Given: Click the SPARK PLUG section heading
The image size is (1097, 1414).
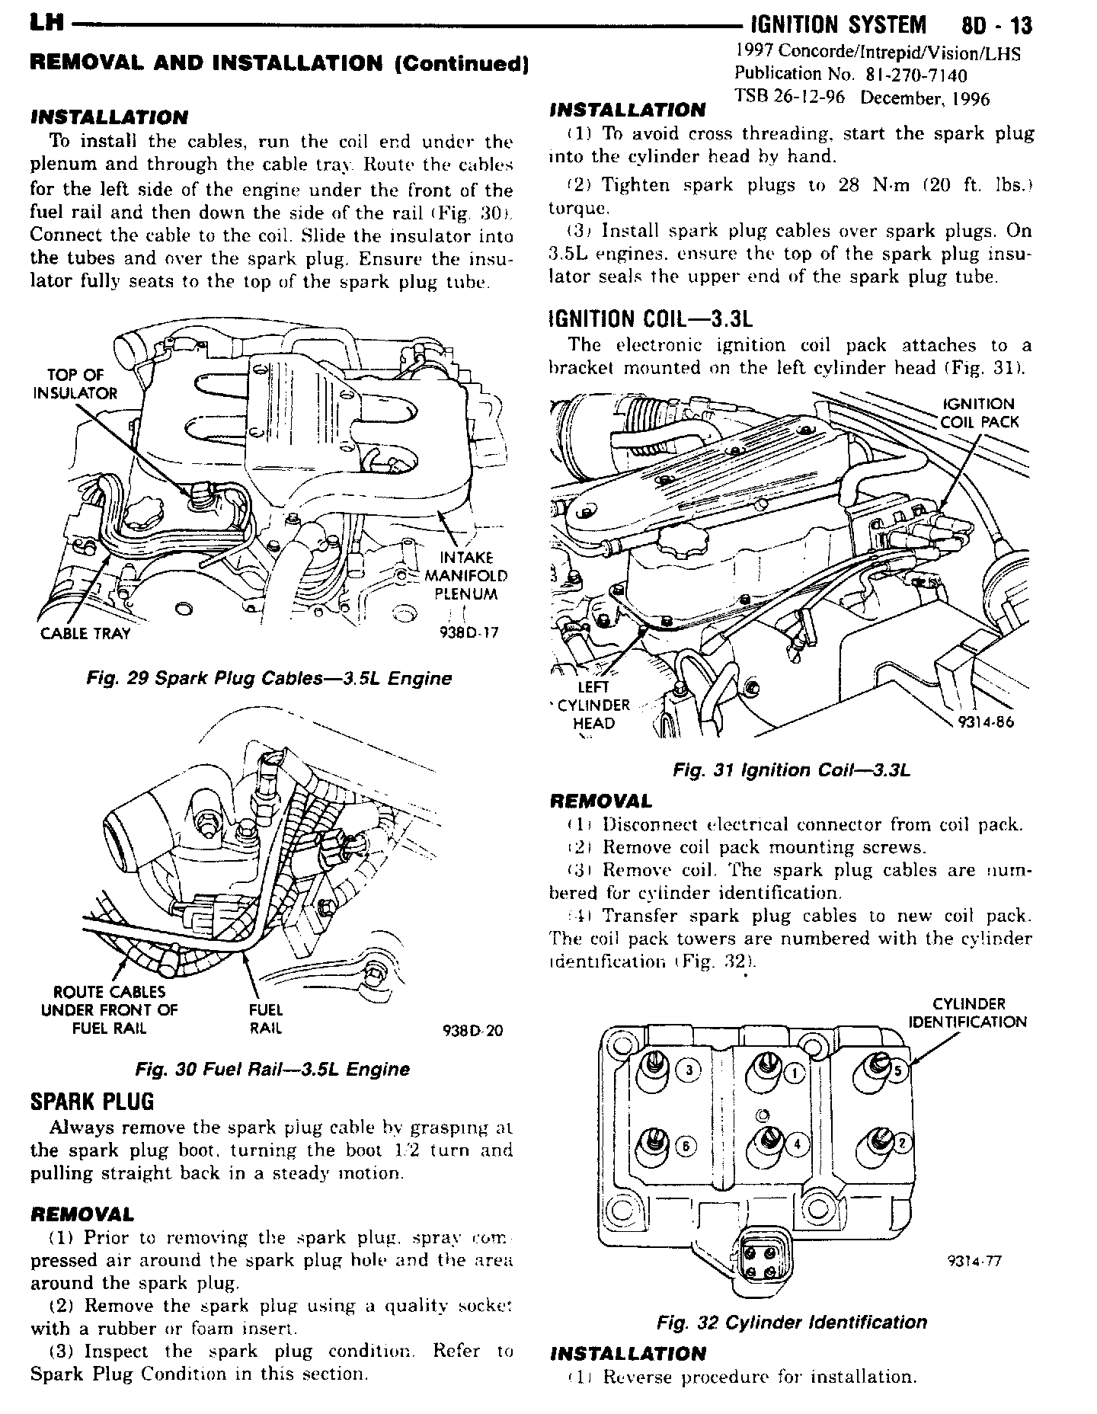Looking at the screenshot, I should [91, 1102].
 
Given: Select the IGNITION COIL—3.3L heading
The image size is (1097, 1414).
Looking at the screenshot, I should [650, 318].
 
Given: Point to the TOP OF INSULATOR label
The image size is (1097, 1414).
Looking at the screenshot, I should [75, 383].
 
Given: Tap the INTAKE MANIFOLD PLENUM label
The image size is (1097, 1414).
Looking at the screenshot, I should [466, 576].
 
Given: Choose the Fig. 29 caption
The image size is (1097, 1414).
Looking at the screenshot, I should [269, 678].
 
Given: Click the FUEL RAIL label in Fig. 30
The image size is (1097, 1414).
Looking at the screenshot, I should [266, 1019].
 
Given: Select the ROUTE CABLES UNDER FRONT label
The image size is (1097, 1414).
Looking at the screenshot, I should [109, 1010].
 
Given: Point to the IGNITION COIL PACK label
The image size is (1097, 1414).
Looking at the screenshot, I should [979, 413].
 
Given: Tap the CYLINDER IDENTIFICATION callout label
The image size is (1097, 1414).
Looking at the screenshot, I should [968, 1013].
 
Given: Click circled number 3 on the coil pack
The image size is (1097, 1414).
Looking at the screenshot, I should [689, 1071].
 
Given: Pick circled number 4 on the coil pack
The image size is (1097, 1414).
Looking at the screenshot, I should [797, 1144].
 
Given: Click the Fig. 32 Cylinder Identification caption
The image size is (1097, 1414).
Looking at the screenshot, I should [792, 1322].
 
